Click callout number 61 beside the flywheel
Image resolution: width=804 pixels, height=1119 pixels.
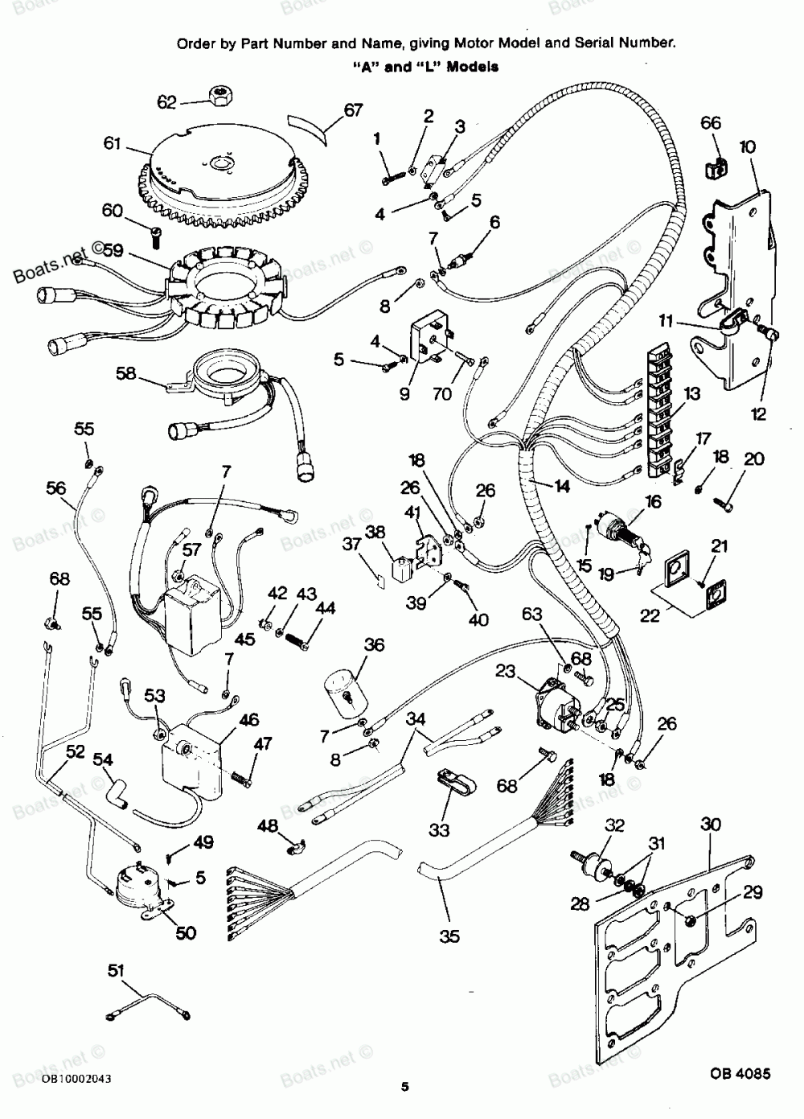pos(112,144)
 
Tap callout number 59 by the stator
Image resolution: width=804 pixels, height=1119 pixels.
pos(113,251)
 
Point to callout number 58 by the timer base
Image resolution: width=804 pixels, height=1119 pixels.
pos(125,372)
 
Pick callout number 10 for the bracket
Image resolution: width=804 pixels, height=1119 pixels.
pos(747,146)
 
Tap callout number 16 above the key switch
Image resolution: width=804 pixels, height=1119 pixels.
pos(652,502)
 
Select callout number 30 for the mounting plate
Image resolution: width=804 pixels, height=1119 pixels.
pos(711,825)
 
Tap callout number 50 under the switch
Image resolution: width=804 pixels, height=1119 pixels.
pos(186,933)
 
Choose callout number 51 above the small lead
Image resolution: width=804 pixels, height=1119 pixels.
pos(117,971)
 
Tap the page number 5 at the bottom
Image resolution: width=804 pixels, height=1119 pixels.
pos(405,1088)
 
